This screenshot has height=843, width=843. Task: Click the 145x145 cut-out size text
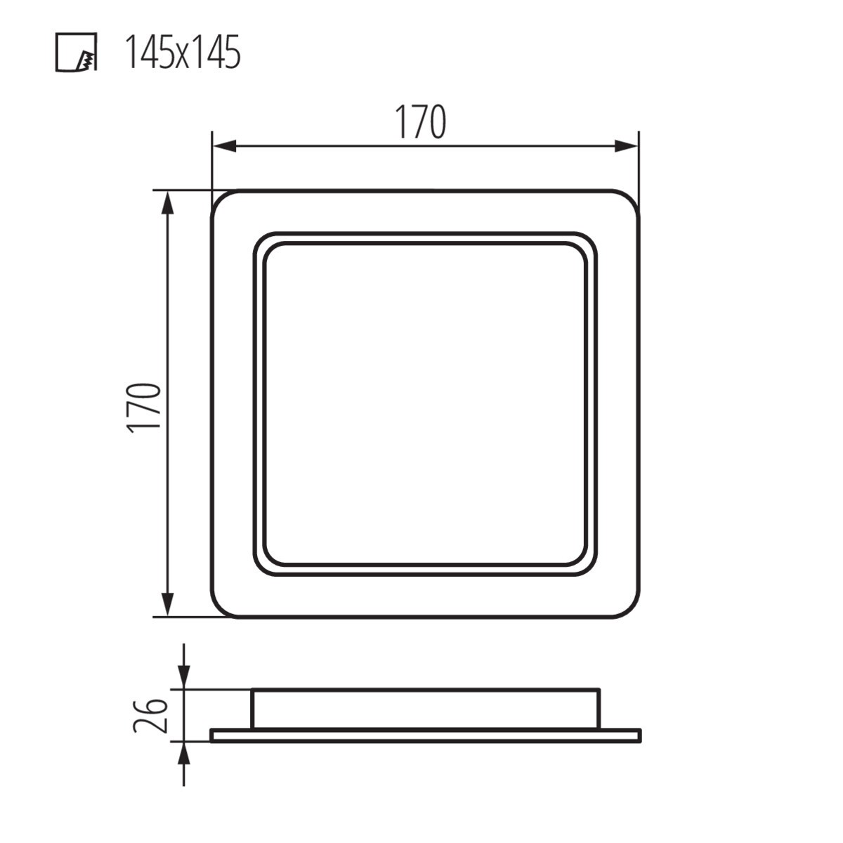point(183,52)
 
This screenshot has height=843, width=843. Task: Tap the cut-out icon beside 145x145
point(76,52)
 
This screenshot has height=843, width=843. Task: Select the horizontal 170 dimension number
point(421,122)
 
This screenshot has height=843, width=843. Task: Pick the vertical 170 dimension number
point(144,408)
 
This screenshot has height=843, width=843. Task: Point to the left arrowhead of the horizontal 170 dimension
point(224,146)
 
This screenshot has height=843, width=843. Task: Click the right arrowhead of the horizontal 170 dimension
point(626,146)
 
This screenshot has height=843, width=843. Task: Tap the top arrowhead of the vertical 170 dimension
point(168,202)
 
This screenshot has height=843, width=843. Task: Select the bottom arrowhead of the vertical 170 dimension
point(168,605)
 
